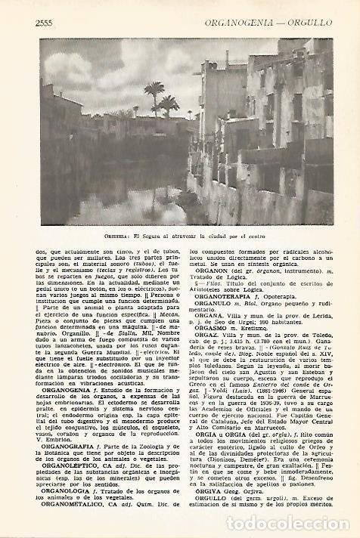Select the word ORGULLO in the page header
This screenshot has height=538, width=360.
(x=308, y=23)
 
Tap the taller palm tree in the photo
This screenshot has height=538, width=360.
(x=156, y=97)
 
